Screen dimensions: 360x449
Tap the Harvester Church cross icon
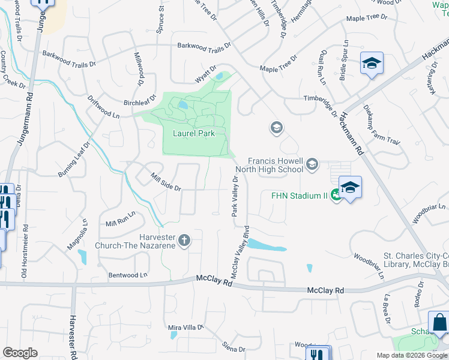pyautogui.click(x=184, y=241)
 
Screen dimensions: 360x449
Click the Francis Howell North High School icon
pyautogui.click(x=312, y=163)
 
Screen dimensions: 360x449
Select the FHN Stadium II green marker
pyautogui.click(x=336, y=195)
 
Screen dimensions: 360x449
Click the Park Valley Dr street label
pyautogui.click(x=235, y=196)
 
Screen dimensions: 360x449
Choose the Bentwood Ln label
pyautogui.click(x=127, y=275)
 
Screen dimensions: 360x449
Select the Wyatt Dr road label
pyautogui.click(x=205, y=75)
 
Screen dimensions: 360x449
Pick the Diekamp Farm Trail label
pyautogui.click(x=381, y=125)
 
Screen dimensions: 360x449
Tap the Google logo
pyautogui.click(x=20, y=353)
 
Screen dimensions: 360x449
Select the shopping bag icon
pyautogui.click(x=439, y=322)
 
